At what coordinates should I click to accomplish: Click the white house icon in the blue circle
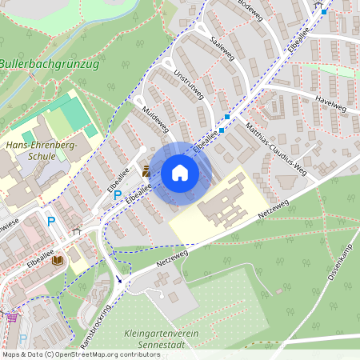click(x=179, y=173)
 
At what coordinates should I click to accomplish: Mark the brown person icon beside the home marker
click(x=146, y=170)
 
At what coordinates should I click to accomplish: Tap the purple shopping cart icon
click(x=12, y=317)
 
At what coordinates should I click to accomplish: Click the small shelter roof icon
click(x=76, y=230)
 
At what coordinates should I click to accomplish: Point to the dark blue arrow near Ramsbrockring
click(x=119, y=279)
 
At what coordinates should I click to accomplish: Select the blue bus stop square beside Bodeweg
click(x=323, y=12)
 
